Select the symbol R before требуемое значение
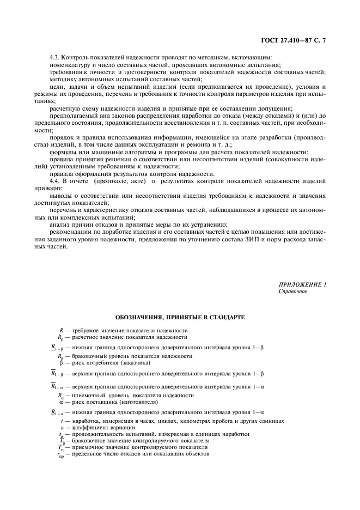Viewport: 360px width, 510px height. pyautogui.click(x=61, y=330)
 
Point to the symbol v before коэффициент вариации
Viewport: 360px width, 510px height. pyautogui.click(x=62, y=428)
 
